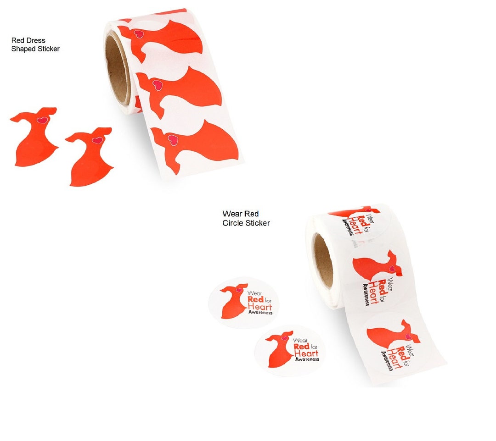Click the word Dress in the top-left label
[36, 40]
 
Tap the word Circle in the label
[232, 223]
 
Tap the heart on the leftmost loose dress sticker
[42, 120]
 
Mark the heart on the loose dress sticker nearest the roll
[97, 140]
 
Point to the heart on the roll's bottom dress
[173, 138]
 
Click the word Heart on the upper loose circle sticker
[259, 307]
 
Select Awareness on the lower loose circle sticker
[307, 359]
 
